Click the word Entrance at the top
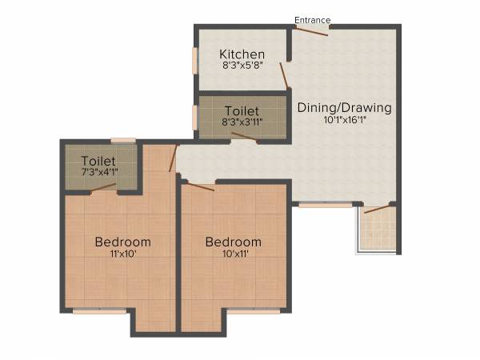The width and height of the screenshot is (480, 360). pos(312,20)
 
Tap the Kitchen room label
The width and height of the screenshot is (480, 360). pos(242,54)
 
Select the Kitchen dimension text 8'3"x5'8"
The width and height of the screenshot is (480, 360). pos(242,66)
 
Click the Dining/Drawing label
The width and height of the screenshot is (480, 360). pos(344,108)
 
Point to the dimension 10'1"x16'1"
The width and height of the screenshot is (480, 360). pos(344,121)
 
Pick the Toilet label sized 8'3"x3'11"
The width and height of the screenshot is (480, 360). pos(242,110)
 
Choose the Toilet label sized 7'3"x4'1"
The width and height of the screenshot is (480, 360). pos(98,161)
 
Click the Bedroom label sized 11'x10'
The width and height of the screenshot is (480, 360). pos(122,242)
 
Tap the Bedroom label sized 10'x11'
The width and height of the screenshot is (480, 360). pos(233,242)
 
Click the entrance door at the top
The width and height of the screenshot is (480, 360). pos(311,31)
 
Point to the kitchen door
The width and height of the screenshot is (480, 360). pos(284,75)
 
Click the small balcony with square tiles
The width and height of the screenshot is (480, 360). pos(376,230)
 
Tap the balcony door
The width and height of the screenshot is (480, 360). pos(374,209)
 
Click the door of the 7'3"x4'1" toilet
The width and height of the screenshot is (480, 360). pos(103,189)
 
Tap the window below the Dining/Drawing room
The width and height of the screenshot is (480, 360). pos(326,205)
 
